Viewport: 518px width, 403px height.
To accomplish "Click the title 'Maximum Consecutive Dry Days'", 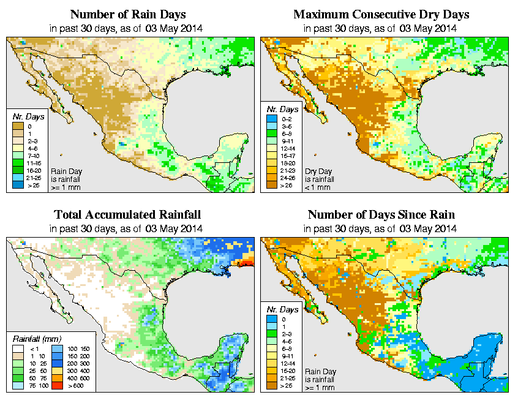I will (x=381, y=14).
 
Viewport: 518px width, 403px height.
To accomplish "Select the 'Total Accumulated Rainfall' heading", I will (x=127, y=215).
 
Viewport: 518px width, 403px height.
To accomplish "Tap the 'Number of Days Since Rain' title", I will (x=381, y=215).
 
